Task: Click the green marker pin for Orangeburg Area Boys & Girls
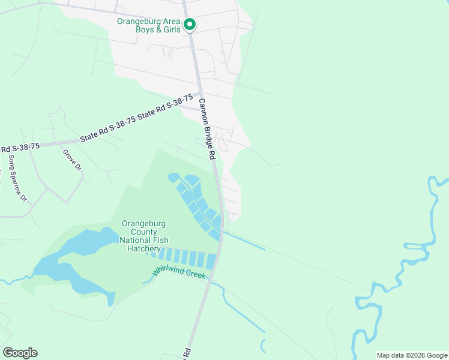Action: pos(190,25)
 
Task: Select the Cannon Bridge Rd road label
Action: pos(207,128)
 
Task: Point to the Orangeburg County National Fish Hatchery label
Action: pos(143,236)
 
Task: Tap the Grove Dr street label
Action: pos(71,160)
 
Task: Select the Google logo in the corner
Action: pos(20,353)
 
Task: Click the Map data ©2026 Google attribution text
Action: pos(412,355)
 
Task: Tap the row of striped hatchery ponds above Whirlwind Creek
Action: pos(186,259)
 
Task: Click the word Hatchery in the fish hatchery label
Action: pos(144,248)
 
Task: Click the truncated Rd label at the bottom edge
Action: pos(187,352)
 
